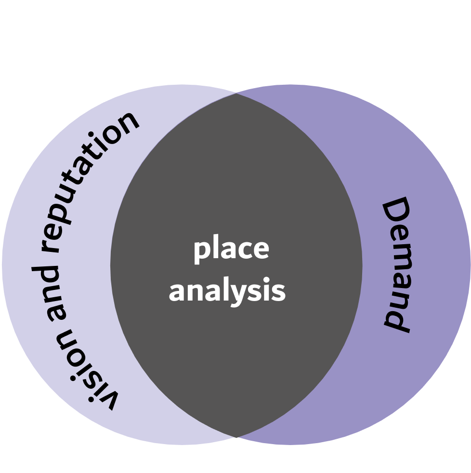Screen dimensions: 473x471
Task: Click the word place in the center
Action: coord(231,250)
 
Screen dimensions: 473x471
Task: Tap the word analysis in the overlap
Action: coord(227,291)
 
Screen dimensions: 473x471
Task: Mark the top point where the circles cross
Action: coord(236,93)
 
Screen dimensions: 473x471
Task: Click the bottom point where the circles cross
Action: coord(236,437)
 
